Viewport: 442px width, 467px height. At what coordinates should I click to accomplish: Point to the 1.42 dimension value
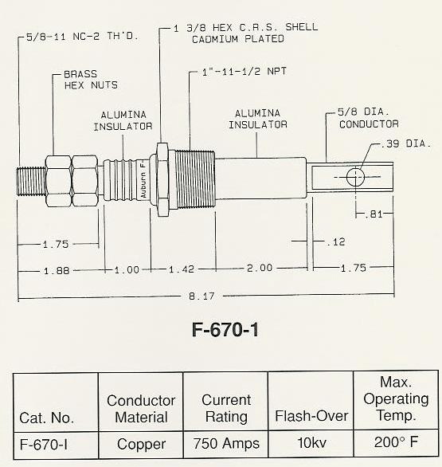pyautogui.click(x=182, y=270)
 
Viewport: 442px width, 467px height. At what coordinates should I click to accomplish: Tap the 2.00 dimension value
pyautogui.click(x=257, y=270)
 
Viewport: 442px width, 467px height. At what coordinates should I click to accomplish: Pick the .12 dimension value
pyautogui.click(x=335, y=241)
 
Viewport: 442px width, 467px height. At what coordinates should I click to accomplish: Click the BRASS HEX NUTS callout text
pyautogui.click(x=89, y=80)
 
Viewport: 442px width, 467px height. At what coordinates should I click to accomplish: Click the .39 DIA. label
pyautogui.click(x=403, y=147)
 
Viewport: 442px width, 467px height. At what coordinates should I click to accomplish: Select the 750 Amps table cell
pyautogui.click(x=226, y=445)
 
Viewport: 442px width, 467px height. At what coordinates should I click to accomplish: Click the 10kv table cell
pyautogui.click(x=311, y=445)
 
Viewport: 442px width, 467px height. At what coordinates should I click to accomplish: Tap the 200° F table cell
pyautogui.click(x=395, y=444)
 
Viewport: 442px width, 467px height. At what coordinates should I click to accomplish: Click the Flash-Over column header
pyautogui.click(x=311, y=416)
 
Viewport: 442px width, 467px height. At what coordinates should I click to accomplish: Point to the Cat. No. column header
pyautogui.click(x=47, y=417)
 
